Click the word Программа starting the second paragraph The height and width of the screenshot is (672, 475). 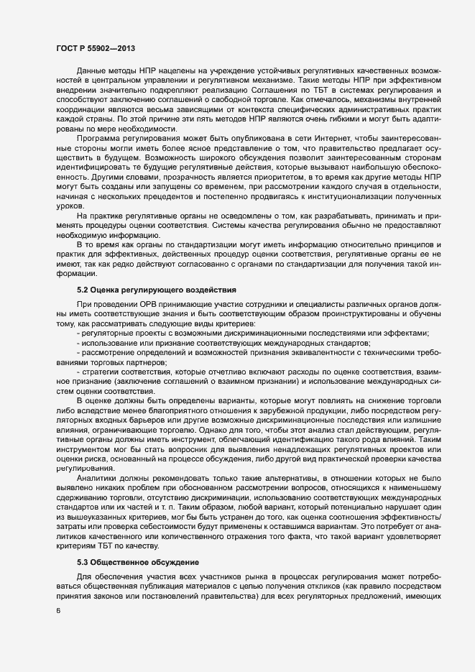coord(98,136)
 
